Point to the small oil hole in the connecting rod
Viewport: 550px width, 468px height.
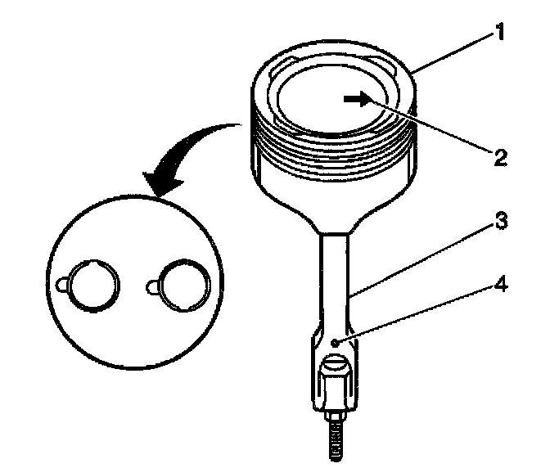pyautogui.click(x=336, y=341)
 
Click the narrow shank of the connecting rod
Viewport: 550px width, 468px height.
pyautogui.click(x=336, y=278)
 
